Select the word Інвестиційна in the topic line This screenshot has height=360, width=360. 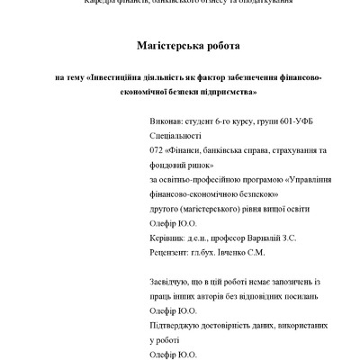pyautogui.click(x=126, y=77)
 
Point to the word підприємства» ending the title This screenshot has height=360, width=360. pyautogui.click(x=228, y=92)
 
